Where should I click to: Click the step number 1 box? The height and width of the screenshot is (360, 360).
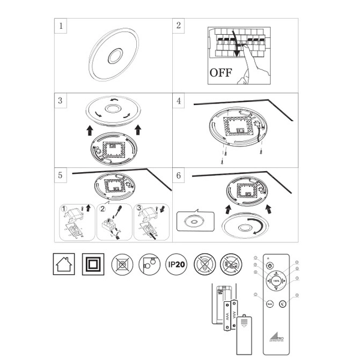pos(60,26)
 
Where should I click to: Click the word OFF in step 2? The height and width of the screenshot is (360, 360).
pos(220,74)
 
